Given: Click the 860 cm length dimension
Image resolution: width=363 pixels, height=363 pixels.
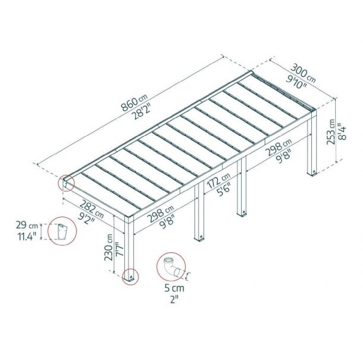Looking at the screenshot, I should coord(134,103).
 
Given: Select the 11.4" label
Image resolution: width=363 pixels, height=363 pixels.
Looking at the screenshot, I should coord(27,236).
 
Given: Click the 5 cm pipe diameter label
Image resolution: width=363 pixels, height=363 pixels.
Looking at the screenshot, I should coord(174,288).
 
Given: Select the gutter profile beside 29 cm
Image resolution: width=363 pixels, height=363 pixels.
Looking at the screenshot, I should coord(62,231).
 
